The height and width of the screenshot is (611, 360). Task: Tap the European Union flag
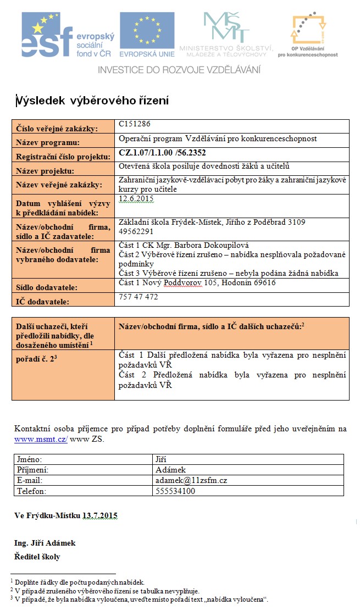(147, 34)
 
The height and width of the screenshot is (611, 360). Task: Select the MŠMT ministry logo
(226, 34)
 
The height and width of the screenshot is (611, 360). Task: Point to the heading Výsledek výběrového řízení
(92, 101)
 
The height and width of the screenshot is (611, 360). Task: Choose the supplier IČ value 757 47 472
(139, 297)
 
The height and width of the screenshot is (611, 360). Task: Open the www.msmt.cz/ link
(41, 440)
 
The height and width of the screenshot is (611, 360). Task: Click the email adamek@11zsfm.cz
(191, 480)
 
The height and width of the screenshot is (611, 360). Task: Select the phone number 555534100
(175, 491)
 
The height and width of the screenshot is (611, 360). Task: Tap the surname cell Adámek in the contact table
(171, 470)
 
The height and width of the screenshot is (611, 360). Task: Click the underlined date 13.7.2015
(99, 516)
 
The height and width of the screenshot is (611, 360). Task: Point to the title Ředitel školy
(37, 557)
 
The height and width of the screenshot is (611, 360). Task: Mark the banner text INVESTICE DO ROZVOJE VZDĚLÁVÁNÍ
(179, 70)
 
